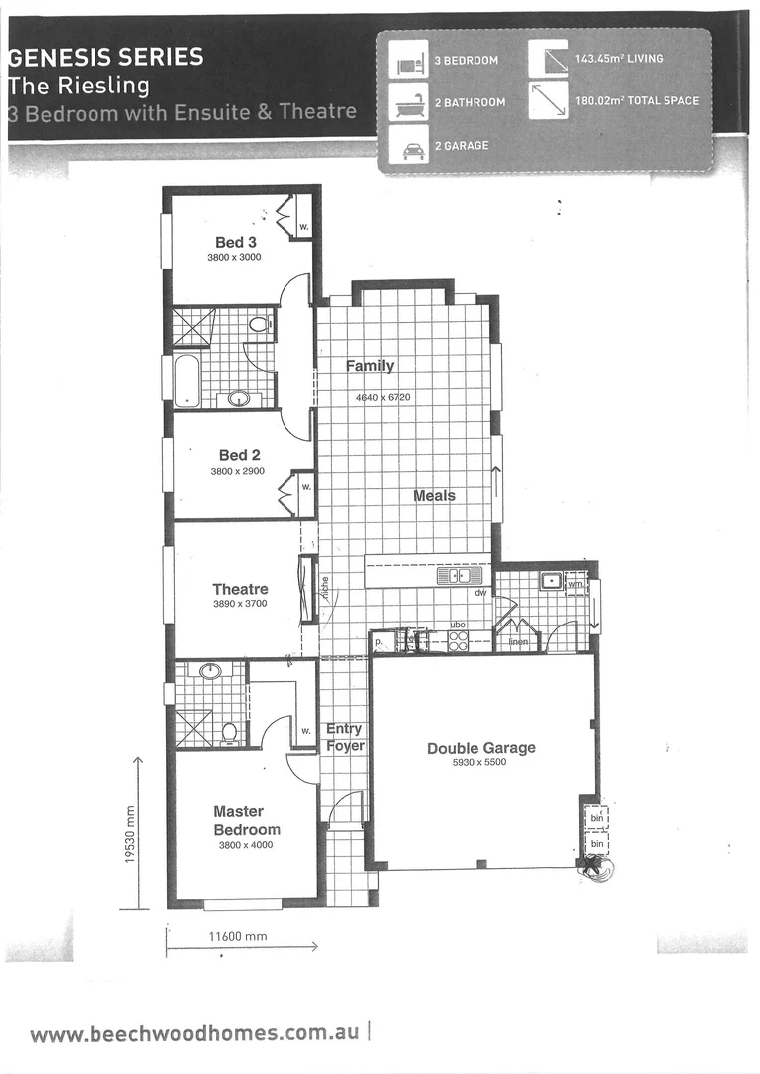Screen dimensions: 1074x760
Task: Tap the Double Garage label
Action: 481,748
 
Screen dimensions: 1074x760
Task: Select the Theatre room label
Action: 240,589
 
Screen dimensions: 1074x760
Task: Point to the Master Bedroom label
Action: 247,820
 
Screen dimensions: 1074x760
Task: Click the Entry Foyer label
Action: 345,737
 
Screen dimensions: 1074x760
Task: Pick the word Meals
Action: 435,495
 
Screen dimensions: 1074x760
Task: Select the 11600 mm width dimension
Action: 237,936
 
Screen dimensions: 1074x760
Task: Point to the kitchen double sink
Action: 459,575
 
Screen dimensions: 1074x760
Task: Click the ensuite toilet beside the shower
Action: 230,732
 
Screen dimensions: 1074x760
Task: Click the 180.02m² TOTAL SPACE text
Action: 637,101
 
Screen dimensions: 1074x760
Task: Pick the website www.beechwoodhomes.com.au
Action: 195,1033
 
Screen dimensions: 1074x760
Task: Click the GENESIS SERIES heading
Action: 105,57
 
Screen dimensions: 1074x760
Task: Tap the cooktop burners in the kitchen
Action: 458,641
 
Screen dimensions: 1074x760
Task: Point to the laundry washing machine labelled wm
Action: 575,584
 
